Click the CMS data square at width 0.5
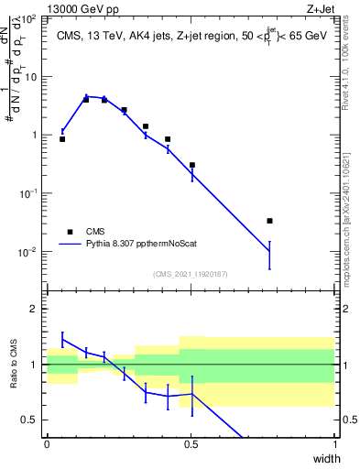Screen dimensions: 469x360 (191, 165)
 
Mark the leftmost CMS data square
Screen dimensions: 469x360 (62, 139)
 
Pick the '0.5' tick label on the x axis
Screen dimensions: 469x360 (191, 443)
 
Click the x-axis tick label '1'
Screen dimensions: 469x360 (334, 443)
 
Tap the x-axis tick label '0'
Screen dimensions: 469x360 (47, 443)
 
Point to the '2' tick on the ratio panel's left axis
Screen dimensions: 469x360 (35, 309)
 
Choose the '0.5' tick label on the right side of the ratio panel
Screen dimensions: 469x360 (348, 420)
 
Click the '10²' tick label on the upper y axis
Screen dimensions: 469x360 (29, 19)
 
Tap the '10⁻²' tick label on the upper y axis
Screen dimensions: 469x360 (29, 252)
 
